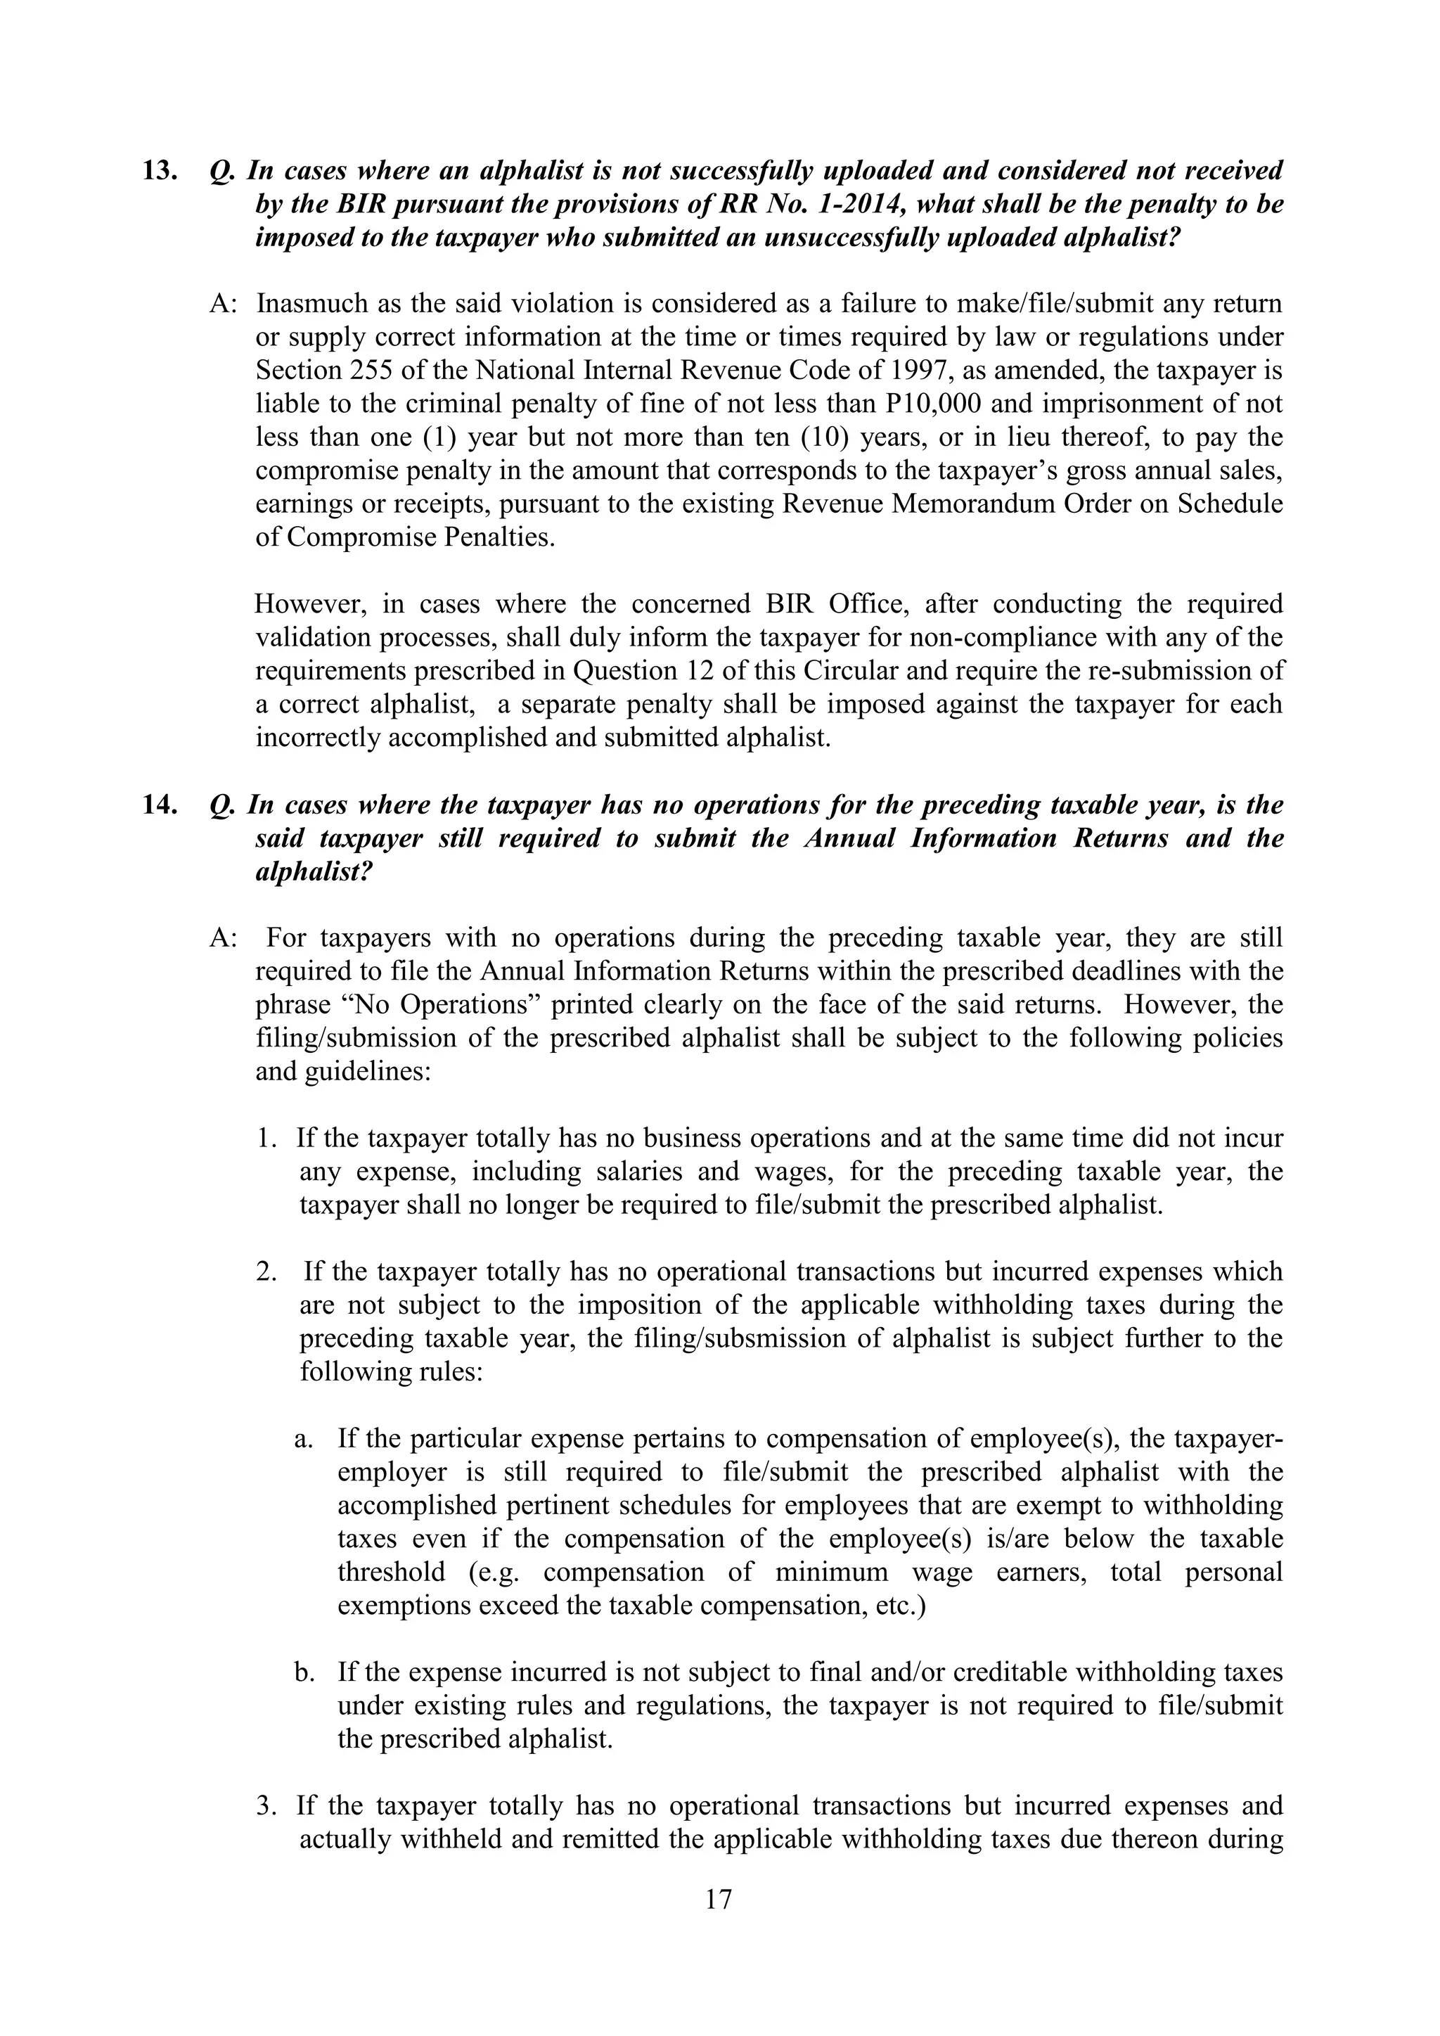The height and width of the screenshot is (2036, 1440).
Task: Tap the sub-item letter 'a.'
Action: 303,1438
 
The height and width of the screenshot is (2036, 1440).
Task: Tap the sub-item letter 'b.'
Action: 304,1672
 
